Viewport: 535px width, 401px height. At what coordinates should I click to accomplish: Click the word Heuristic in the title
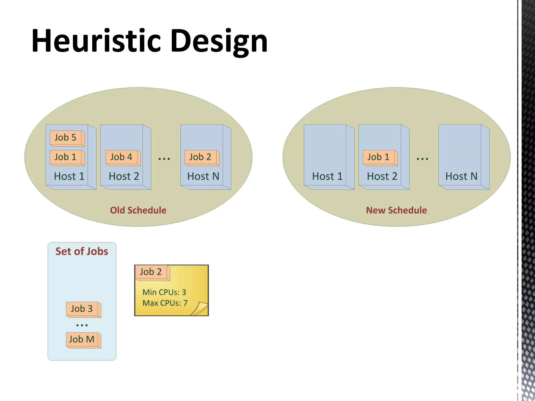pos(96,41)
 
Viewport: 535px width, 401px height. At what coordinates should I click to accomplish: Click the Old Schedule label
pos(138,210)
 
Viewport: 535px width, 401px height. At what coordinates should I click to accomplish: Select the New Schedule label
pos(396,210)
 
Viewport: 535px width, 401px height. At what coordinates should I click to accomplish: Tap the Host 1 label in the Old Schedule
pos(69,176)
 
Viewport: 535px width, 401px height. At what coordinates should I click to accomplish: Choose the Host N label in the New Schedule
pos(461,176)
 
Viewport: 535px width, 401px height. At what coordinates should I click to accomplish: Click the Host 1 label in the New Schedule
pos(327,176)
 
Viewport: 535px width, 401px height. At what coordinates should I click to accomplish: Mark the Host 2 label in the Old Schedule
pos(124,176)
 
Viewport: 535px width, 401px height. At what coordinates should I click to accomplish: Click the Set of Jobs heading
pos(82,251)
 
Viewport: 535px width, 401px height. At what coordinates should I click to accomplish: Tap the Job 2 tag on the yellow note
pos(152,272)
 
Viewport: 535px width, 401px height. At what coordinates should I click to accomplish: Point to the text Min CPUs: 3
pos(164,292)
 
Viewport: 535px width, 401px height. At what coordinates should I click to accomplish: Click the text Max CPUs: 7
pos(165,303)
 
